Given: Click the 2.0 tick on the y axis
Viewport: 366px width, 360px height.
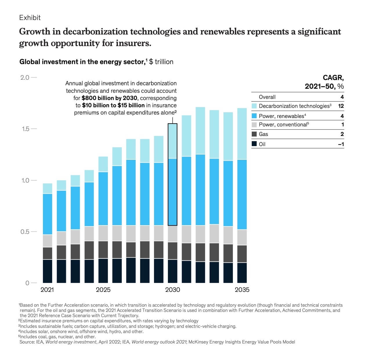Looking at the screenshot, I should pyautogui.click(x=25, y=77).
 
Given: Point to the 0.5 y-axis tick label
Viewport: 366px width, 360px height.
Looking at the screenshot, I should pyautogui.click(x=25, y=232).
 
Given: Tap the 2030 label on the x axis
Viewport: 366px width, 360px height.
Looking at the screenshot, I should pyautogui.click(x=173, y=290).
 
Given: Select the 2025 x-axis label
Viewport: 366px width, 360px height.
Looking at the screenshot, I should pyautogui.click(x=103, y=290).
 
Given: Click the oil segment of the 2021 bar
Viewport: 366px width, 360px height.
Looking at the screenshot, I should pyautogui.click(x=48, y=271).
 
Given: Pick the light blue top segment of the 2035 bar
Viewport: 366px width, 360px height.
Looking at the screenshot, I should pyautogui.click(x=242, y=134).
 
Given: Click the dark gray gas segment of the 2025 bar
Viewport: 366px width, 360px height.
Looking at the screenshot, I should pyautogui.click(x=103, y=250).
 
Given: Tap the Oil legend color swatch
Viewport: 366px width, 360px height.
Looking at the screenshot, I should pyautogui.click(x=254, y=144).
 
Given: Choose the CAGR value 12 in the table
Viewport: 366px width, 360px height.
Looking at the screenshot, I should pyautogui.click(x=341, y=106).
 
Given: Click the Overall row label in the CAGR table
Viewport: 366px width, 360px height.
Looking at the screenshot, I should pyautogui.click(x=267, y=97).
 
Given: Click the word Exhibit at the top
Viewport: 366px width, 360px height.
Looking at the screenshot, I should pyautogui.click(x=30, y=18).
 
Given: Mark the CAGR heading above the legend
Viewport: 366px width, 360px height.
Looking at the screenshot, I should pyautogui.click(x=333, y=78).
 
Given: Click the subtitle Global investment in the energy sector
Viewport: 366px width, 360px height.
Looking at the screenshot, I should pyautogui.click(x=82, y=62).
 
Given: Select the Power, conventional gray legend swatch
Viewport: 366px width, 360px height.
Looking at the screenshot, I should pyautogui.click(x=254, y=125).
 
